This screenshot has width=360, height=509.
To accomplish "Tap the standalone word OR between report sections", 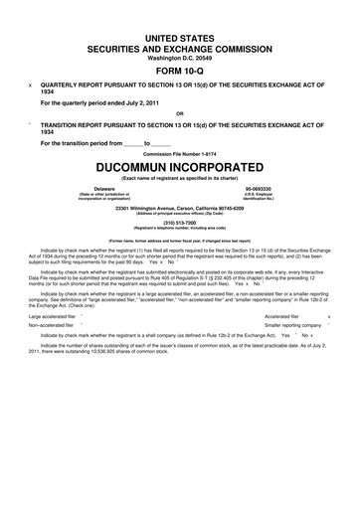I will pos(180,112).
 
